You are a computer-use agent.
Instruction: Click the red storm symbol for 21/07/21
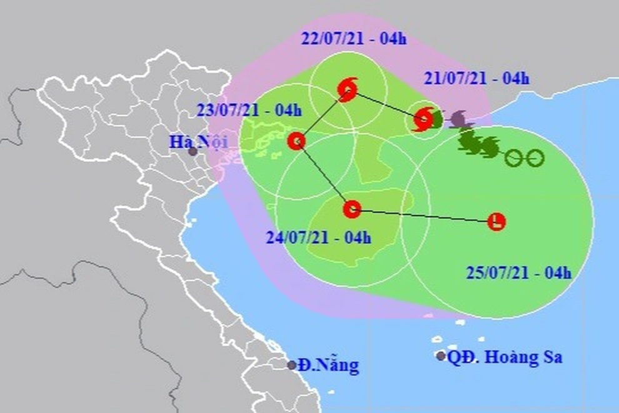(x=423, y=119)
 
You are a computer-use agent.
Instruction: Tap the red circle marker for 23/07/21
(x=296, y=142)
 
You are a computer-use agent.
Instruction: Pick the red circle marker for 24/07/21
(x=352, y=209)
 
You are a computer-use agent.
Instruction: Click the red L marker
(x=496, y=221)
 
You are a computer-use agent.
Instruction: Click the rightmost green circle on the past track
(x=535, y=159)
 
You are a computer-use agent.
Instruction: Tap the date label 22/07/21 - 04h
(x=354, y=39)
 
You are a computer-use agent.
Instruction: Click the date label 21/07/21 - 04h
(x=477, y=79)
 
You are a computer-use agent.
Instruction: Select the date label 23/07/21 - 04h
(x=249, y=111)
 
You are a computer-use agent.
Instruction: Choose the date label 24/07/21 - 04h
(x=319, y=237)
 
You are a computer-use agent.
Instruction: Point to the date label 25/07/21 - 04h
(x=519, y=272)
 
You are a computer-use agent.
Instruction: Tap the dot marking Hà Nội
(x=193, y=151)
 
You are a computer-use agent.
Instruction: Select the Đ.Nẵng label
(x=329, y=366)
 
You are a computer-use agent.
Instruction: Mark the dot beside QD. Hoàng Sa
(x=441, y=356)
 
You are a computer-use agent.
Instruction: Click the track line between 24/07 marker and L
(x=425, y=215)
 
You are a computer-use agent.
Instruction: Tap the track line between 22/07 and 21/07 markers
(x=385, y=104)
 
